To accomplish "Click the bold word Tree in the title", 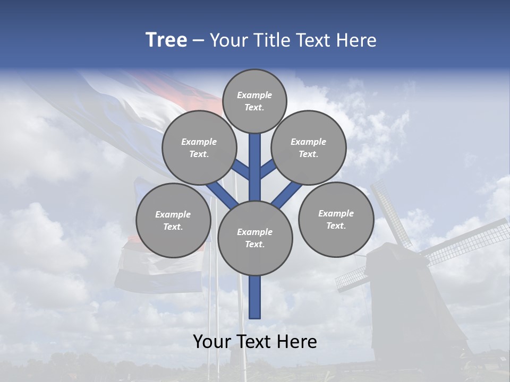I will [x=166, y=40].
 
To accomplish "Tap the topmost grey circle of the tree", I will [x=254, y=101].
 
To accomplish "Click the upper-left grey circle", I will [x=199, y=147].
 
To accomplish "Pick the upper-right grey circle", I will [x=309, y=147].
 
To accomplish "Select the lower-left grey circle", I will [x=173, y=220].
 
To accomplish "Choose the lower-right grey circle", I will [x=336, y=219].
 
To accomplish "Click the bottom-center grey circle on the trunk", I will [x=255, y=238].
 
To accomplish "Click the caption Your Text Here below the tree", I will [x=255, y=342].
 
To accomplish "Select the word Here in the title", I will [x=356, y=40].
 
